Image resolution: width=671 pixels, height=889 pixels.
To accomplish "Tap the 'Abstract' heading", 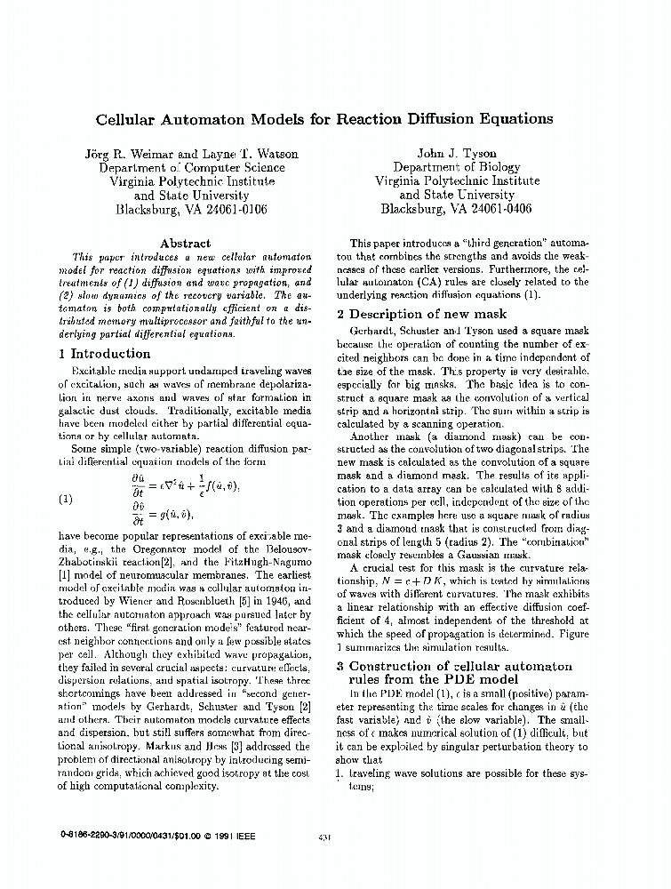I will [x=185, y=243].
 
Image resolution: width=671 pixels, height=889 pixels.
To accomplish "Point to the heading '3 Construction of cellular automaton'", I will [x=459, y=666].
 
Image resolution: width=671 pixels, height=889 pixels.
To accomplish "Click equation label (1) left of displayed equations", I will [x=67, y=499].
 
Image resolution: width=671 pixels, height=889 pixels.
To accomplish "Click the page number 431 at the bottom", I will [x=324, y=836].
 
